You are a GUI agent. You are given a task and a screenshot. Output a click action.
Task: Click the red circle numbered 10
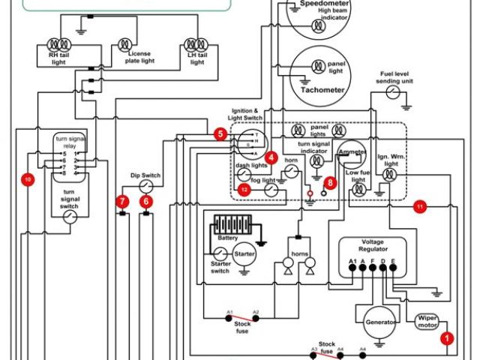(28, 180)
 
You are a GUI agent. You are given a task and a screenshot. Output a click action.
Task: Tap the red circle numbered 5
(220, 134)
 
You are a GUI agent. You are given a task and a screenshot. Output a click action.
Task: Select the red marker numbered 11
(420, 205)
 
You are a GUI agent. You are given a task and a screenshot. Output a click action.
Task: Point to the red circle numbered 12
(244, 190)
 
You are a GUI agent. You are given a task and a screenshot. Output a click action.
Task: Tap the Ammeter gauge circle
(350, 151)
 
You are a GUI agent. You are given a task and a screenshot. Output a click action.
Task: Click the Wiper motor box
(426, 322)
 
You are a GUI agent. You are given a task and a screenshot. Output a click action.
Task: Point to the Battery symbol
(232, 225)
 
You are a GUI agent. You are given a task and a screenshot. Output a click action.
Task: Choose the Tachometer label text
(323, 91)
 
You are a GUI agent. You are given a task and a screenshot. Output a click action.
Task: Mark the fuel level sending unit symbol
(393, 91)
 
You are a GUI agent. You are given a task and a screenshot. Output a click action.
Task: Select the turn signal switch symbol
(70, 217)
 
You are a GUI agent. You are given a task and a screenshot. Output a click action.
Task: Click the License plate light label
(139, 58)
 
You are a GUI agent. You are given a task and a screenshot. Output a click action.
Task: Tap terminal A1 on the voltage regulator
(352, 262)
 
